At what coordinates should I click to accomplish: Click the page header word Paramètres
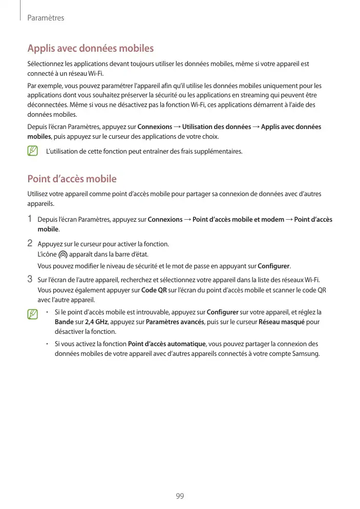tap(46, 18)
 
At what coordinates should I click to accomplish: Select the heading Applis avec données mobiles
tap(90, 49)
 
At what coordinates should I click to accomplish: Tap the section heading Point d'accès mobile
tap(72, 179)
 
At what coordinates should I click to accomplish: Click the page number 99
tap(180, 496)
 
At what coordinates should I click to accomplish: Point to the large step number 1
tap(30, 219)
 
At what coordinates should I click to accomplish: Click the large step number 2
tap(30, 243)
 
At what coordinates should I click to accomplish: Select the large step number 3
tap(30, 279)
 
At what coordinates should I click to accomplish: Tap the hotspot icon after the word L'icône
tap(63, 254)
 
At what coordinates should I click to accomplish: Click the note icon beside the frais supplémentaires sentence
tap(33, 151)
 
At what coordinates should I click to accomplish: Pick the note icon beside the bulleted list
tap(33, 313)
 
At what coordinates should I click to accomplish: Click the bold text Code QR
tap(153, 290)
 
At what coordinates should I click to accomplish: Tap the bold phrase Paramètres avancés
tap(175, 322)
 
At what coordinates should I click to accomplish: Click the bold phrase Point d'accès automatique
tap(166, 344)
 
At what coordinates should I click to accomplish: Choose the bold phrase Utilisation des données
tap(217, 126)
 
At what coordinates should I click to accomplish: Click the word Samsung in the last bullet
tap(305, 353)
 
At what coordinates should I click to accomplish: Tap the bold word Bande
tap(63, 322)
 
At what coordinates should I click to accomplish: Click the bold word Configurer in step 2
tap(273, 266)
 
